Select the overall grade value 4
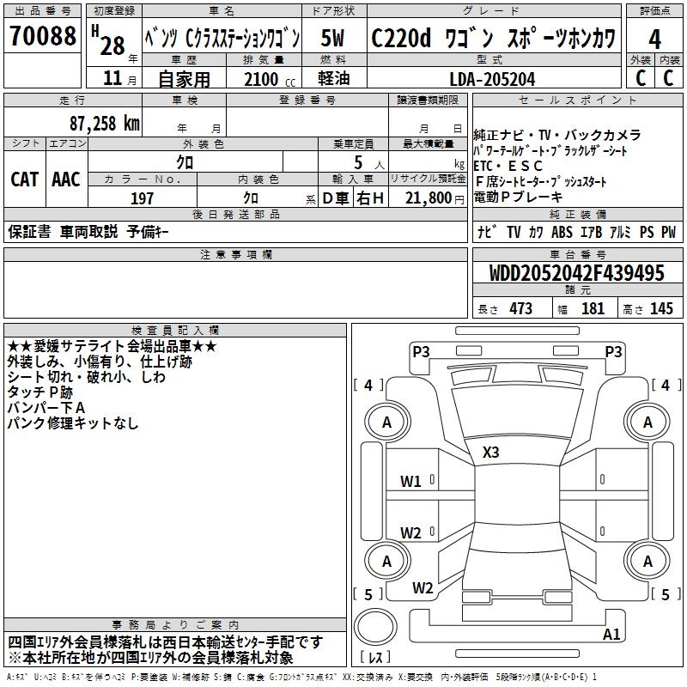pos(654,40)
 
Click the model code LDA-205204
pos(492,79)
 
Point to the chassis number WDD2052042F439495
pos(578,274)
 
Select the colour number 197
pos(143,198)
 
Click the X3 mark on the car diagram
pos(491,453)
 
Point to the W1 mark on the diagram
pos(410,481)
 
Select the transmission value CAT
pos(24,179)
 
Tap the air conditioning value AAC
pos(65,179)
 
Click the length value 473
pos(517,309)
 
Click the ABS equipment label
pos(562,232)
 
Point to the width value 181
pos(592,309)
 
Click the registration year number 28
pos(112,46)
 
